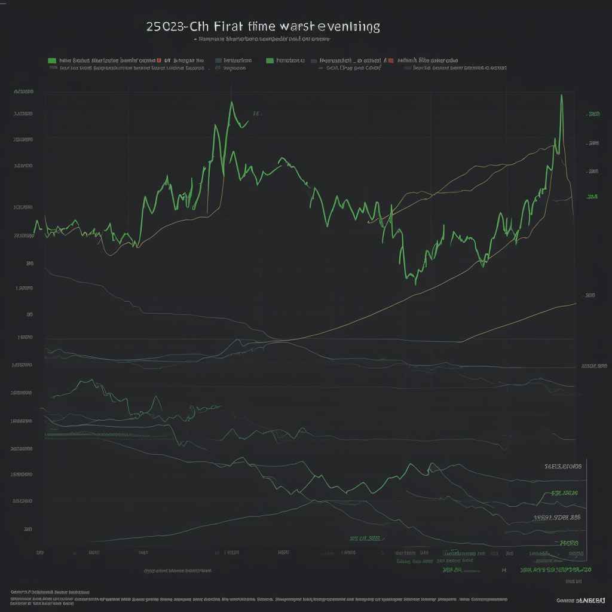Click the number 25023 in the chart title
point(164,27)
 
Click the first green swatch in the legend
point(52,60)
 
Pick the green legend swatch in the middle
point(270,60)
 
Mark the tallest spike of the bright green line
point(561,96)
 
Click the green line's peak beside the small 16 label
point(231,103)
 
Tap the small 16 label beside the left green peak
point(256,113)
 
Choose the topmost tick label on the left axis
point(23,92)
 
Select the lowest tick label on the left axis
point(28,529)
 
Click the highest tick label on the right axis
point(593,114)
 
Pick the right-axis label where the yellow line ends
point(590,295)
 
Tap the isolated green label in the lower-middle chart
point(365,538)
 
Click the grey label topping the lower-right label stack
point(562,466)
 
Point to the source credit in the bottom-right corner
point(581,599)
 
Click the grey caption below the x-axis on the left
point(178,571)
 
